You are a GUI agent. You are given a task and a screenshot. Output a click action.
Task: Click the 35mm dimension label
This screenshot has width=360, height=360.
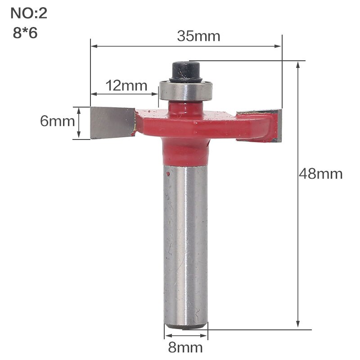198,36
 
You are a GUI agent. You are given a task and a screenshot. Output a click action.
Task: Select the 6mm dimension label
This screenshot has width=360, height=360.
57,121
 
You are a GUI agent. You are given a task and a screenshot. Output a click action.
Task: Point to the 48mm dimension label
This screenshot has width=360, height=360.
320,174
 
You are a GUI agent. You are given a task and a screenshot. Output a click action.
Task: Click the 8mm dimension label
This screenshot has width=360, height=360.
186,347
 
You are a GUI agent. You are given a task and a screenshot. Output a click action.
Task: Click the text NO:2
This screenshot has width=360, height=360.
29,13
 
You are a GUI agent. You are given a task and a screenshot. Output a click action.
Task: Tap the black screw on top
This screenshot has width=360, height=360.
186,71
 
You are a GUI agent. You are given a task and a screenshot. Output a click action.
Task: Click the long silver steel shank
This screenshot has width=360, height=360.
185,243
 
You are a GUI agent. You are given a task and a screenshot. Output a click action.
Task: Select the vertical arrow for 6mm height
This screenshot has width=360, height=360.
79,122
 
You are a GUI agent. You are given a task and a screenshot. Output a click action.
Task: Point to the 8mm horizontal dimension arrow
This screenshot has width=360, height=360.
186,336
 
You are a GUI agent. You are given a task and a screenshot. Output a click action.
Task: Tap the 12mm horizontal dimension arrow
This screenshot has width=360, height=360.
125,94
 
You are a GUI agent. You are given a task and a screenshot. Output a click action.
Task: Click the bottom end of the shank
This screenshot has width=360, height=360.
185,325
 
